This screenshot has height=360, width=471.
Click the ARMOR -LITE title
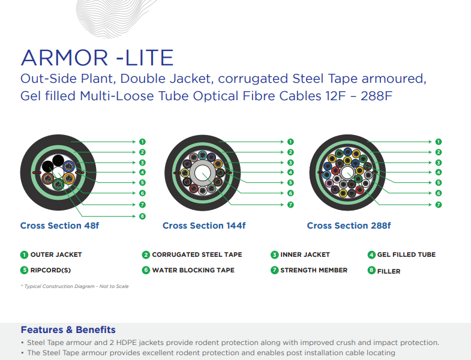click(x=97, y=58)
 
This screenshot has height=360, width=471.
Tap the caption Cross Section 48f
click(x=59, y=226)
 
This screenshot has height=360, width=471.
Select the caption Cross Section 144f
click(x=204, y=226)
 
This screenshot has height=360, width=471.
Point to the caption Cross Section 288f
click(x=349, y=226)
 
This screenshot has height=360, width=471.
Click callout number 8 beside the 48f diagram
click(x=142, y=216)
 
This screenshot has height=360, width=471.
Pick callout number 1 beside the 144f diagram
click(x=290, y=142)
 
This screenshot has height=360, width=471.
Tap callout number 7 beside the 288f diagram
click(x=439, y=205)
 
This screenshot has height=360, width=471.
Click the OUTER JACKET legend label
click(x=56, y=255)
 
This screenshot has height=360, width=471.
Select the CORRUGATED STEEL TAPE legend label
click(x=197, y=255)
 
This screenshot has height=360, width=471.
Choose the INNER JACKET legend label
click(x=305, y=255)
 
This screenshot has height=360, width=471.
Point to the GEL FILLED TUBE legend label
click(x=406, y=255)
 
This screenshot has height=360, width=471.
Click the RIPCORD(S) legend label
click(x=50, y=271)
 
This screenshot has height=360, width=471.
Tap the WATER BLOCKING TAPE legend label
click(x=193, y=270)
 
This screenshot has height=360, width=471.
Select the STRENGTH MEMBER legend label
click(x=314, y=270)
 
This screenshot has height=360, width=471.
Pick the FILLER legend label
click(x=389, y=271)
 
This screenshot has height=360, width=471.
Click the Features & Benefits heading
click(x=68, y=329)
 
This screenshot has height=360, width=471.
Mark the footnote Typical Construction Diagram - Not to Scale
click(x=75, y=286)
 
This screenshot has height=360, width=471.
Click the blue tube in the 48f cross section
click(x=69, y=166)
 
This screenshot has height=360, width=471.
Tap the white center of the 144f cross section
click(x=202, y=173)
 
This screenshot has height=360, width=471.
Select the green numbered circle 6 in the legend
click(x=146, y=270)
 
